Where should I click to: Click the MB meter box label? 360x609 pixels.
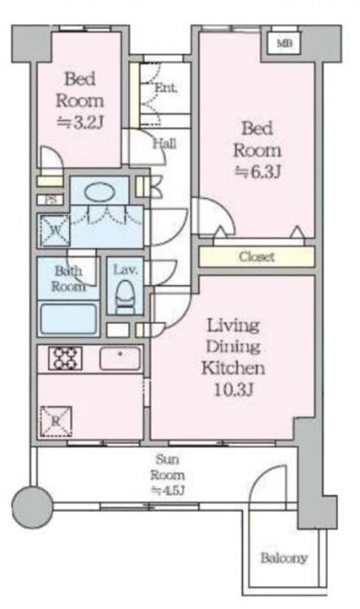(284, 44)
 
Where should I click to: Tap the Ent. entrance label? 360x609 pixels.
(166, 88)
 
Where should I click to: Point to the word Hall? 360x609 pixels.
(164, 144)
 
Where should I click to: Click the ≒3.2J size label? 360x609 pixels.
(80, 123)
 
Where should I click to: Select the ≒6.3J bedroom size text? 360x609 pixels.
(258, 171)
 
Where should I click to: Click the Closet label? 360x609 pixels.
(257, 257)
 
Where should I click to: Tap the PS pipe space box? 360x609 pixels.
(50, 200)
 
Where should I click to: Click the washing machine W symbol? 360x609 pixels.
(54, 231)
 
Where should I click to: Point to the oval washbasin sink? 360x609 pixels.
(99, 192)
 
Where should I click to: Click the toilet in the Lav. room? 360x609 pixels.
(125, 296)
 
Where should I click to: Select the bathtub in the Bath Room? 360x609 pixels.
(69, 319)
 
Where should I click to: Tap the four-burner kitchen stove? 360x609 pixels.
(65, 358)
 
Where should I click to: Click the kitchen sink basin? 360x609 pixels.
(120, 358)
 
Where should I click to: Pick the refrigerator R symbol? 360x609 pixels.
(56, 421)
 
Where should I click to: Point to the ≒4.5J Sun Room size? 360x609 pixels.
(167, 490)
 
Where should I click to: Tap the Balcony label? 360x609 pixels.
(284, 558)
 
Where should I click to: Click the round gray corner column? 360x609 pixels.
(32, 508)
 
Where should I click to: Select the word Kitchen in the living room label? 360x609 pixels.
(233, 368)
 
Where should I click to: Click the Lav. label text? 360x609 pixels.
(125, 270)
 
